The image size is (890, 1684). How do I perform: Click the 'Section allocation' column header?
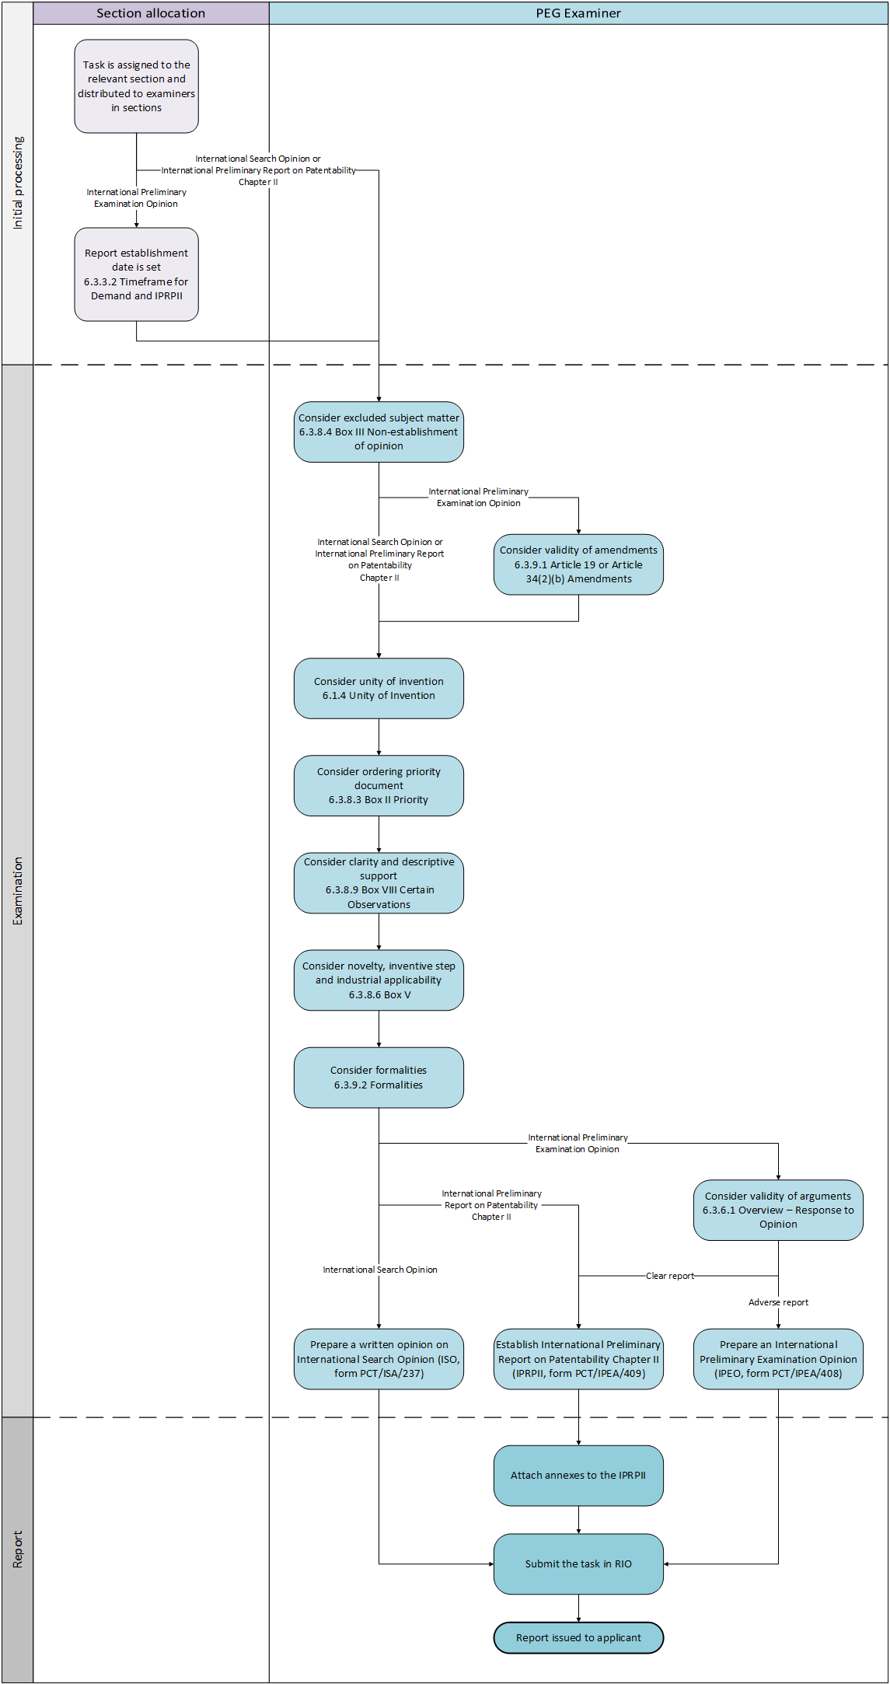point(151,13)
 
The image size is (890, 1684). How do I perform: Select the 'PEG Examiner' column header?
point(578,13)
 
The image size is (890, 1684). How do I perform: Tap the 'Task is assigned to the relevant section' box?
point(137,86)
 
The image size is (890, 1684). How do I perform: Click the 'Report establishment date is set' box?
point(137,274)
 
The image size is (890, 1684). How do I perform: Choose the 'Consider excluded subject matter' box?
point(379,432)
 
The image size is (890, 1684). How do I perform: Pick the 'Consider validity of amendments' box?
point(578,564)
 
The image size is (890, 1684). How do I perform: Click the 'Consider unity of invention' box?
point(379,689)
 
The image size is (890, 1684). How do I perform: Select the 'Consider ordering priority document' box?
point(379,786)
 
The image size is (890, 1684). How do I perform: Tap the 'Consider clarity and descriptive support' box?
point(379,883)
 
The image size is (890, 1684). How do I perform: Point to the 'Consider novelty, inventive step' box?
point(379,980)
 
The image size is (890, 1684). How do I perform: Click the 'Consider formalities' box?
point(379,1078)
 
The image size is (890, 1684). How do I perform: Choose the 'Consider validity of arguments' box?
point(778,1210)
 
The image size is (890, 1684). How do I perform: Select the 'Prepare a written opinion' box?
point(379,1359)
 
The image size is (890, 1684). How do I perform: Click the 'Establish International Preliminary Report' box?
point(578,1359)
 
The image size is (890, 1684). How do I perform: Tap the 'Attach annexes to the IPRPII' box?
point(578,1476)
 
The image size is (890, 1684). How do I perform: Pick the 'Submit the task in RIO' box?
point(578,1564)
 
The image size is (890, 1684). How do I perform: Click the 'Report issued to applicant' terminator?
point(578,1638)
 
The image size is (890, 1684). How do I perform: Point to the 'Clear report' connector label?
point(670,1276)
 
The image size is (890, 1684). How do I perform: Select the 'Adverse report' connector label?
point(778,1302)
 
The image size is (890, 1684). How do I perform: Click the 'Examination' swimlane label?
point(18,891)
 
